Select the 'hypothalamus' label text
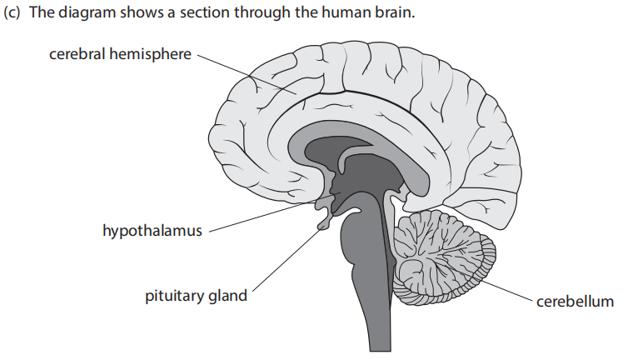(x=152, y=230)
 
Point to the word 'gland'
(x=227, y=296)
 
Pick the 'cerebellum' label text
(x=576, y=302)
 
